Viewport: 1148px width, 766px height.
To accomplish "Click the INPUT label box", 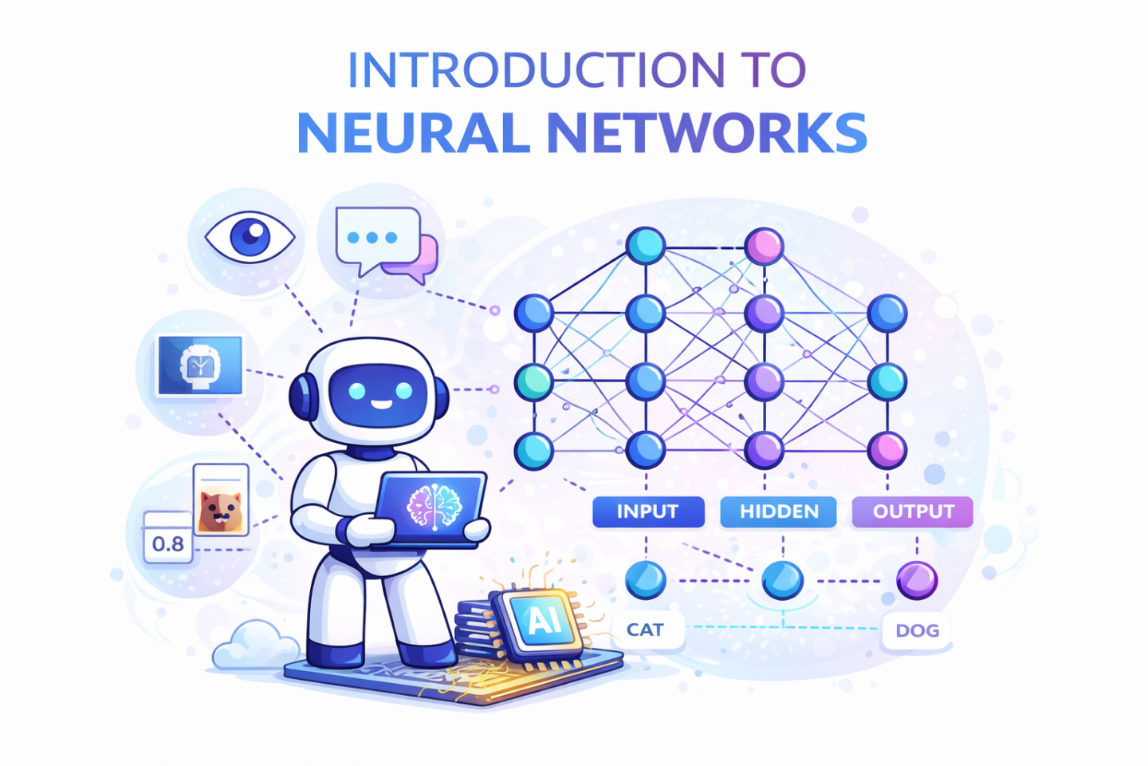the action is (648, 511).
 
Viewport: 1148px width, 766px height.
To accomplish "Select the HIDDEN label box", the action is (778, 511).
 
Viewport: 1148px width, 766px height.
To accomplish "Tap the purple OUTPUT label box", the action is (913, 511).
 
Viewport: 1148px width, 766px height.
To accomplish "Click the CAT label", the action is (648, 630).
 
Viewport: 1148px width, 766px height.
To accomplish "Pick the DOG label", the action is (917, 630).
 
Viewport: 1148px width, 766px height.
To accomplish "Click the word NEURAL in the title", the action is (414, 133).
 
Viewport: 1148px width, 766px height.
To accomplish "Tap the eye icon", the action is (250, 237).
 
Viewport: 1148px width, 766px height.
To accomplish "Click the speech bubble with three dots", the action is (378, 239).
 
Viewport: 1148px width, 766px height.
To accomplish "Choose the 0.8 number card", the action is (167, 537).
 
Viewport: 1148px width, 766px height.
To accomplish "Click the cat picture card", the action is (221, 499).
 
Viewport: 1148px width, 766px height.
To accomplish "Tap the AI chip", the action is (542, 624).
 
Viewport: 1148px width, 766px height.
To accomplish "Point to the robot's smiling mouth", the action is (381, 405).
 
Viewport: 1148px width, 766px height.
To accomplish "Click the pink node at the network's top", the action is (764, 247).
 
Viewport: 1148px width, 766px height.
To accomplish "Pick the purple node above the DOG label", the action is (917, 580).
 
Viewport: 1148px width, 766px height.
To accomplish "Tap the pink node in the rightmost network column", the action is (887, 450).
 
